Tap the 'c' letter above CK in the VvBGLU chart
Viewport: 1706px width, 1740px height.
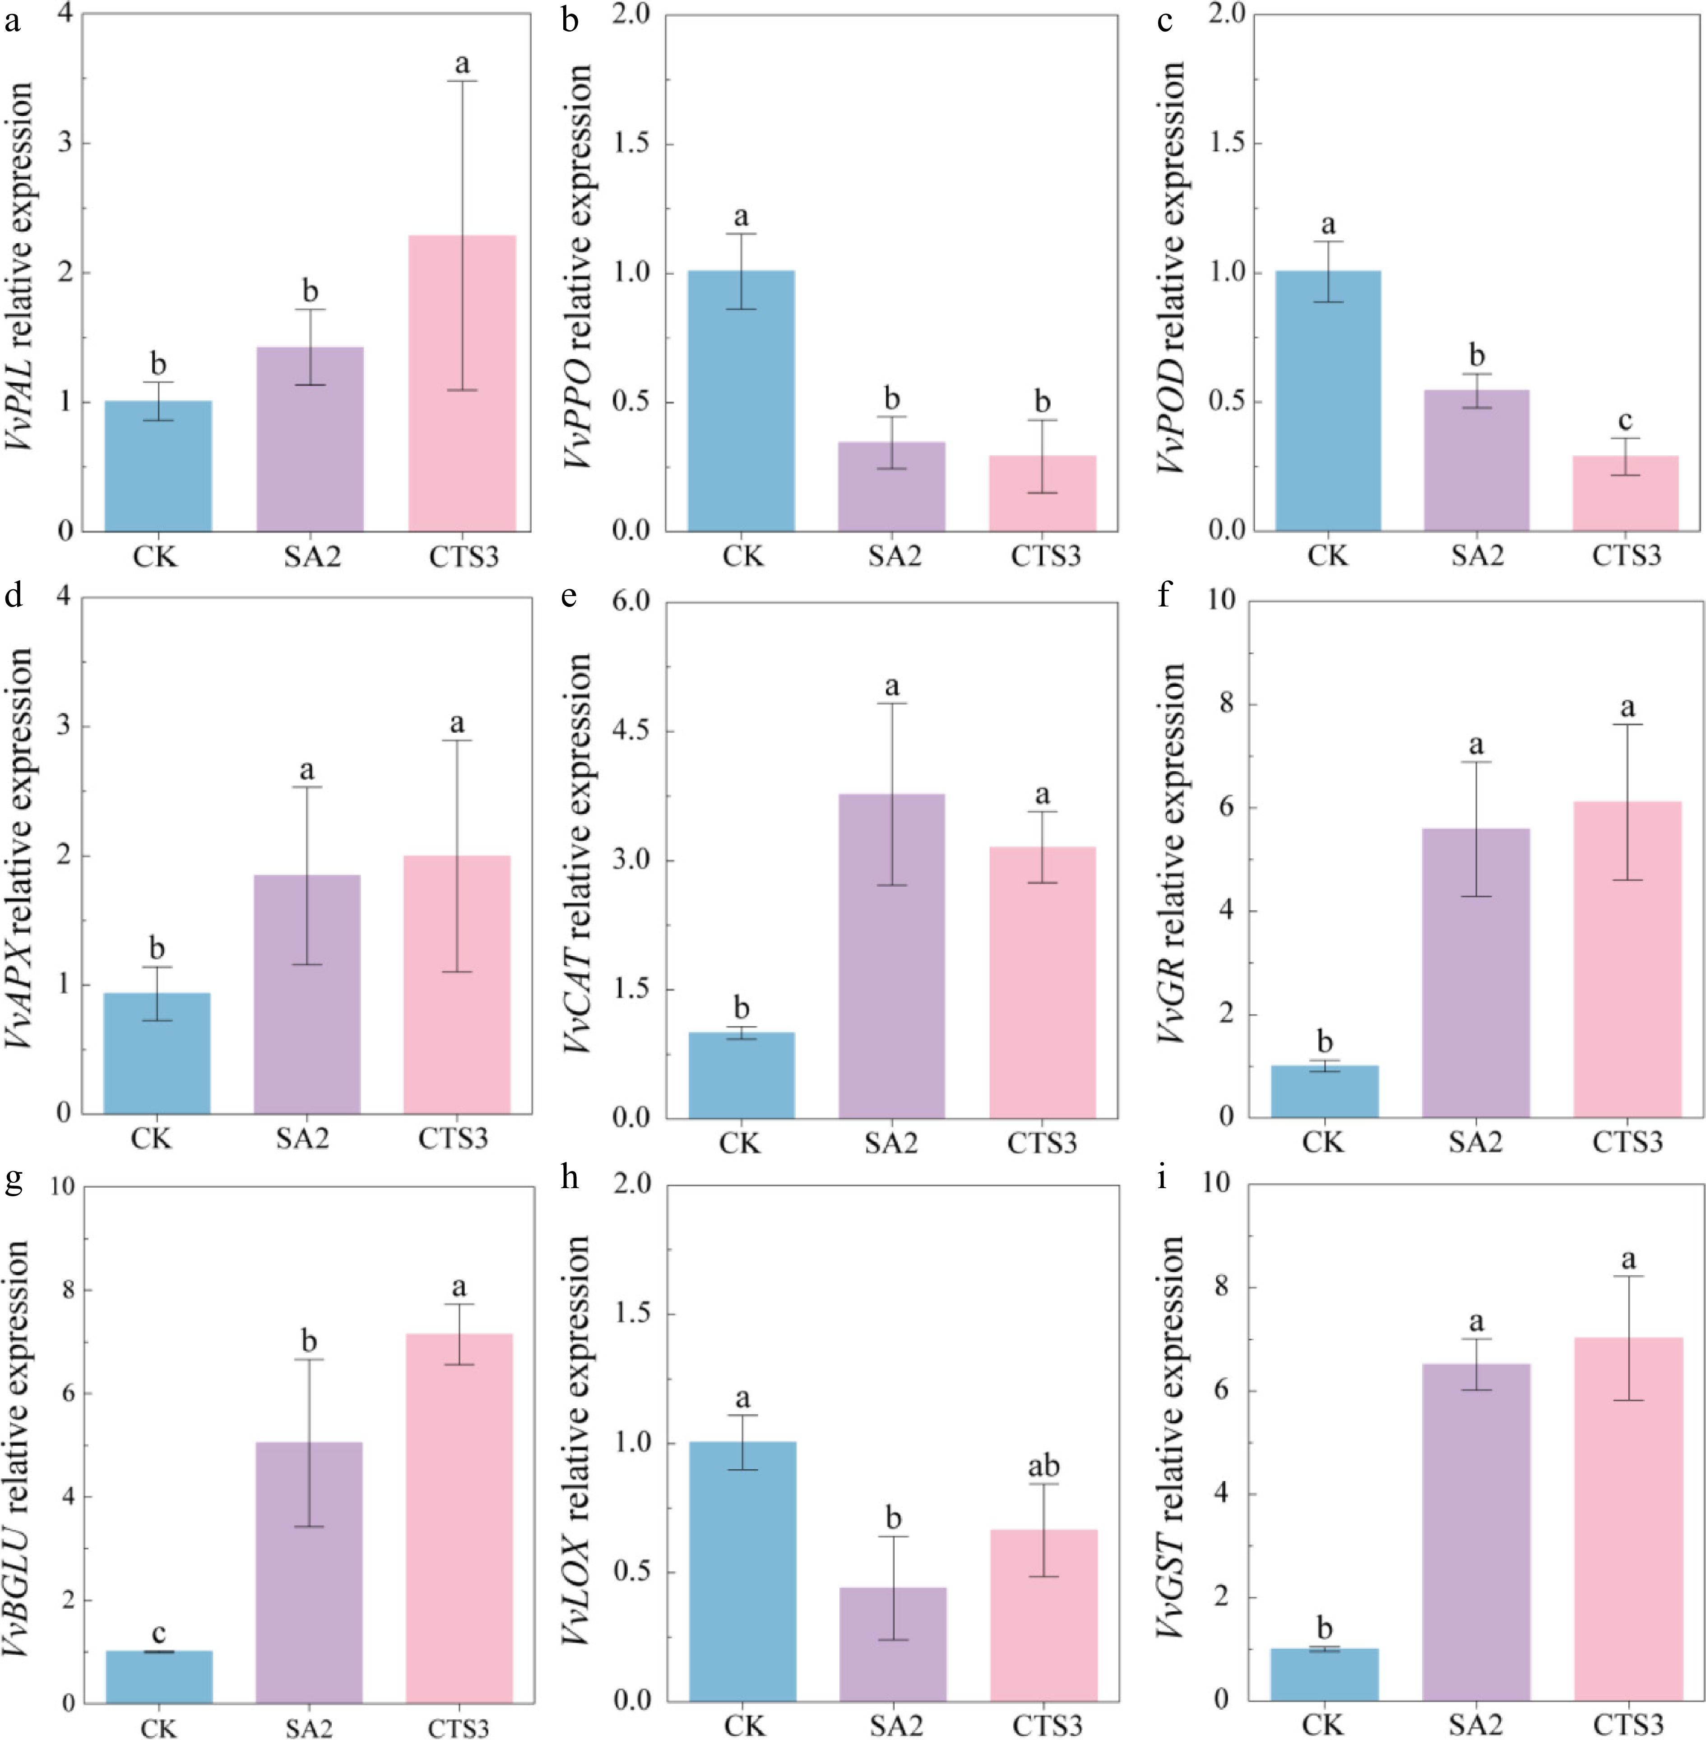pyautogui.click(x=158, y=1633)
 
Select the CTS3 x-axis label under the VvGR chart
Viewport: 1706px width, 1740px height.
pyautogui.click(x=1627, y=1143)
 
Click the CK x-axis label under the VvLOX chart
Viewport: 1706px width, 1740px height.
pyautogui.click(x=744, y=1725)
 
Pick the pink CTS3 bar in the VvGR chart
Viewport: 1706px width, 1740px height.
pyautogui.click(x=1627, y=959)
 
